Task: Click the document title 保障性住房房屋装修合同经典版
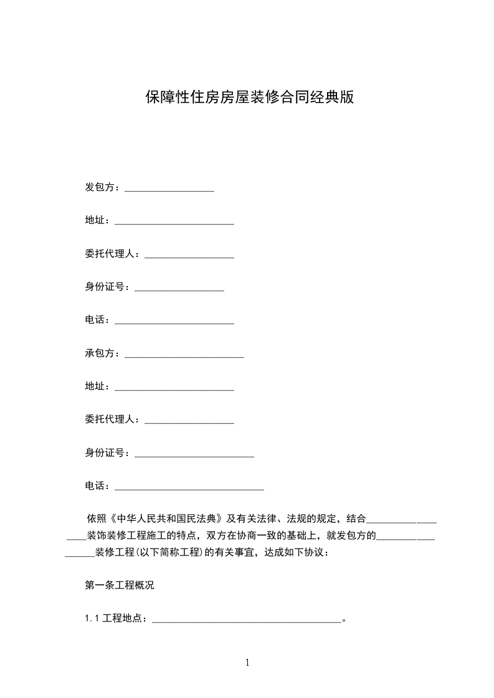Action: tap(250, 98)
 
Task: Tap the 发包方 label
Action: tap(100, 187)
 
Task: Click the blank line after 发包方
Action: tap(169, 188)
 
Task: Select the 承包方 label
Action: tap(100, 353)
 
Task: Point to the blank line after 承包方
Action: tap(184, 355)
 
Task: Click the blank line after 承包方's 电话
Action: tap(189, 488)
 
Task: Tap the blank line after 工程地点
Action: tap(247, 620)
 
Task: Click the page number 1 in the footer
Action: tap(247, 663)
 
